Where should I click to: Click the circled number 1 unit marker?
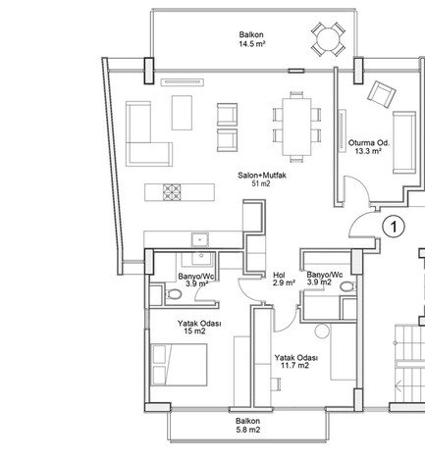(x=394, y=227)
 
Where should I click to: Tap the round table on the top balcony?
(x=328, y=39)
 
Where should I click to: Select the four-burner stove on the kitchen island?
(x=172, y=192)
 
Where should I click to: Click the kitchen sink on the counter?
(x=200, y=239)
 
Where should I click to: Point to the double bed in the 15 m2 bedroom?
(x=180, y=364)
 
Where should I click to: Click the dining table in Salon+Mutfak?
(x=296, y=127)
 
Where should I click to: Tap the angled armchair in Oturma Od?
(x=382, y=94)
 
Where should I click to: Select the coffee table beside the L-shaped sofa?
(x=182, y=113)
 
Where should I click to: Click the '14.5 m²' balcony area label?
(x=251, y=44)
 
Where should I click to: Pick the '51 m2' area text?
(x=261, y=183)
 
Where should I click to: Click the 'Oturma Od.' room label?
(x=368, y=142)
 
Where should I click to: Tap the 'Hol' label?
(x=279, y=275)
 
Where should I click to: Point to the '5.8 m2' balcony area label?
(x=248, y=430)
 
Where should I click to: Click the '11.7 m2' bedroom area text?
(x=294, y=365)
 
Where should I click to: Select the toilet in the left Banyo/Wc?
(x=174, y=294)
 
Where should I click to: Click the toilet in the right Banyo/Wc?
(x=347, y=286)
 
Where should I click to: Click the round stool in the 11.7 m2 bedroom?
(x=322, y=331)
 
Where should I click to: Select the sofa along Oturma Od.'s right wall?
(x=404, y=142)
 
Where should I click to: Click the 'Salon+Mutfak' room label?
(x=262, y=176)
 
